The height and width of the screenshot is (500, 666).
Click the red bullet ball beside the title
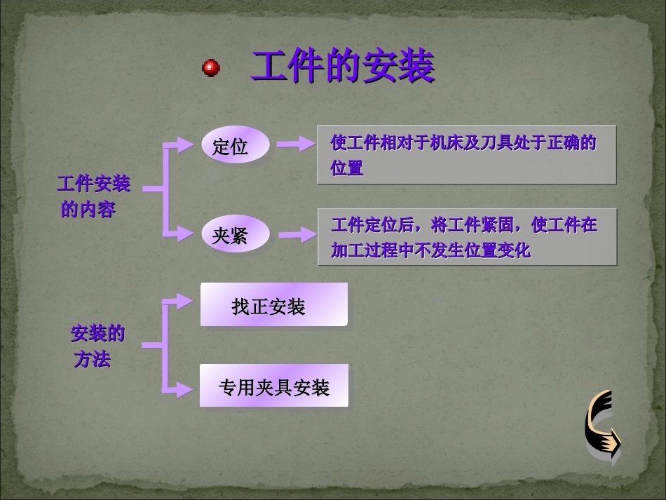pos(210,68)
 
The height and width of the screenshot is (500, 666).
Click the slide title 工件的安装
pos(342,67)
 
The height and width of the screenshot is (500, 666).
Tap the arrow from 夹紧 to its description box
pos(297,235)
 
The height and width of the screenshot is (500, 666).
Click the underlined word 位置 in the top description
pos(347,168)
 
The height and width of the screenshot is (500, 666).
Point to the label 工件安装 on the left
pos(93,184)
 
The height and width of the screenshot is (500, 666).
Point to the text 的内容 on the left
pos(88,210)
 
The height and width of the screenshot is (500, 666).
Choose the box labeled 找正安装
pos(273,305)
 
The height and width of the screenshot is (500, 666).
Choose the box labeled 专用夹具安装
pos(273,386)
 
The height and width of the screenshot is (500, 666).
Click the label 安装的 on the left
pos(97,334)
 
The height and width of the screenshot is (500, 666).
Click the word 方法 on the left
pos(93,360)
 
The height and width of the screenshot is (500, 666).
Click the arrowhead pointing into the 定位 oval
pos(185,144)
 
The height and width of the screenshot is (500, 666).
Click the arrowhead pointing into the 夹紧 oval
pos(185,234)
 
